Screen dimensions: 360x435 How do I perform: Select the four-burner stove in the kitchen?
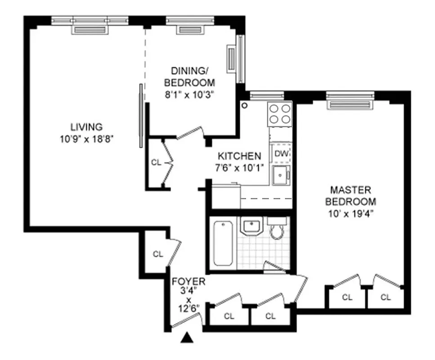280,113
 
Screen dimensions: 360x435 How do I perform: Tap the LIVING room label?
86,127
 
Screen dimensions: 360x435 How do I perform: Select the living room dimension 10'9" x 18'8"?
86,139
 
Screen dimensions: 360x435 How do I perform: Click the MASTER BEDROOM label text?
351,196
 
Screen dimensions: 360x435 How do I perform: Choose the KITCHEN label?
239,156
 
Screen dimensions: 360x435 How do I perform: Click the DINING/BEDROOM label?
189,77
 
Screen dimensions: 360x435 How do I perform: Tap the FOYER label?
188,282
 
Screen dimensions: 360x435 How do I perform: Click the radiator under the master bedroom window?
351,104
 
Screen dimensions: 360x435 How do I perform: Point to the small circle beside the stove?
245,106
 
